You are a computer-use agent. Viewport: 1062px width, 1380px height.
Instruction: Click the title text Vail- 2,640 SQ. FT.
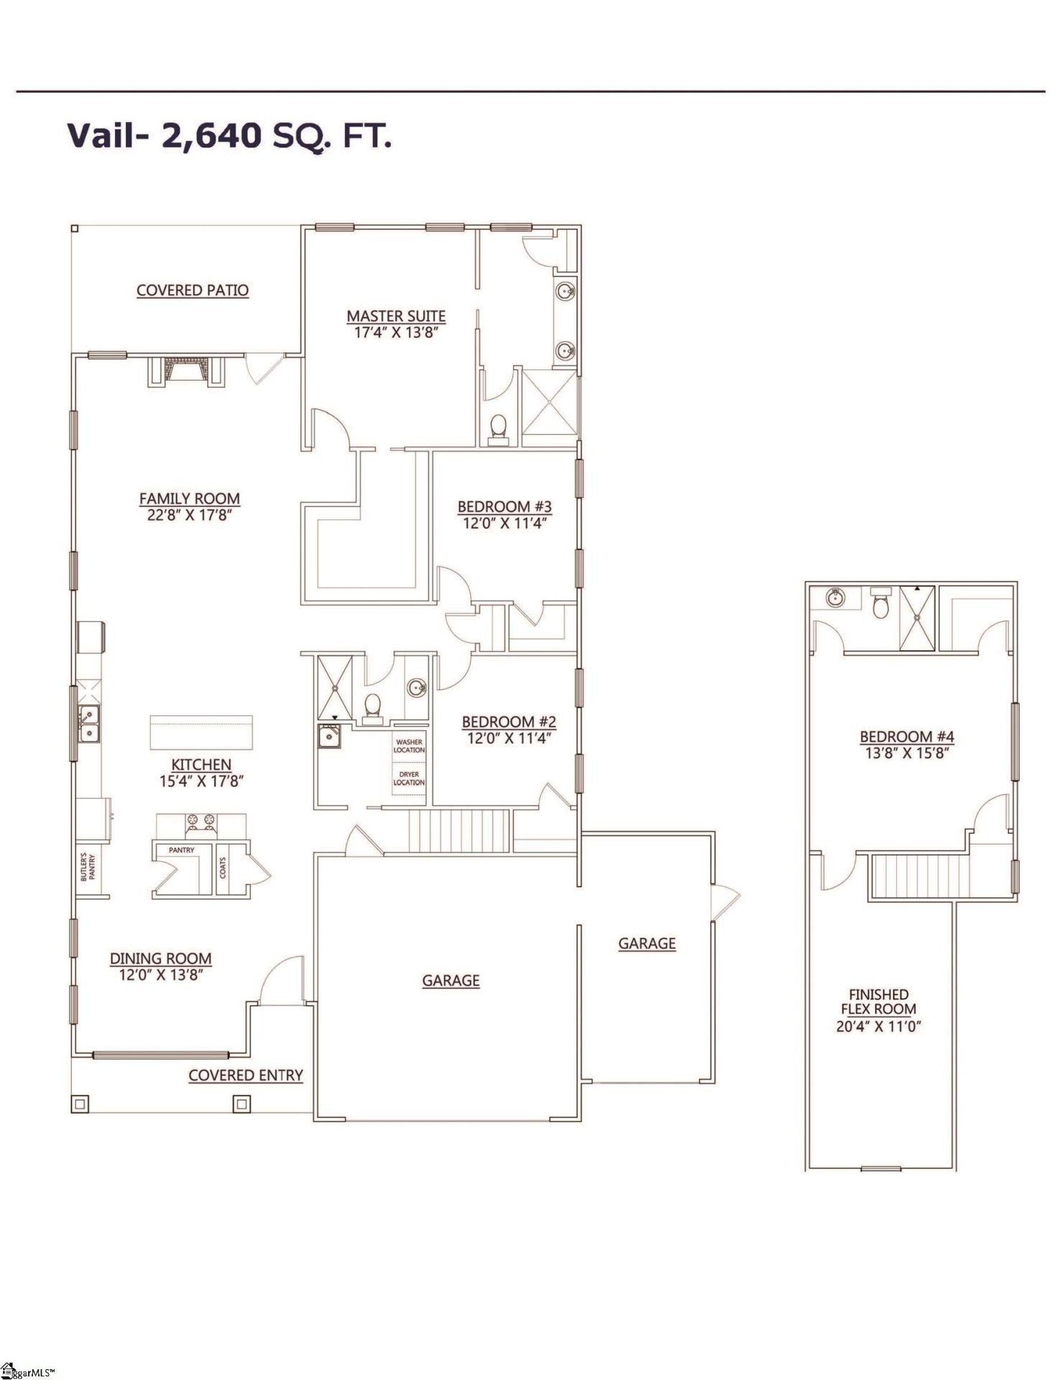229,135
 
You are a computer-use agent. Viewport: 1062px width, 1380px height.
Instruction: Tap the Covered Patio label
193,290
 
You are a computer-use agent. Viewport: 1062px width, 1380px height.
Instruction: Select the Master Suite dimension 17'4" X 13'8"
396,333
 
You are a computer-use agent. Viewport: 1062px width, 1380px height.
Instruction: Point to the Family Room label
189,498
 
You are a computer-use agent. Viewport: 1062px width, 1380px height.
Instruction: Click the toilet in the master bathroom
497,428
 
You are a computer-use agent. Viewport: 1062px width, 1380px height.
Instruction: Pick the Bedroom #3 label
504,507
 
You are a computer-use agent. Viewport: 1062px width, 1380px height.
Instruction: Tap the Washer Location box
409,745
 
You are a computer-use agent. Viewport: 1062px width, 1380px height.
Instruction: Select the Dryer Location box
409,778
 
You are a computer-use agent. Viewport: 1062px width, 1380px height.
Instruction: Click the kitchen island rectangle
201,732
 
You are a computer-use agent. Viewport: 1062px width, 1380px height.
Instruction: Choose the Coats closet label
223,868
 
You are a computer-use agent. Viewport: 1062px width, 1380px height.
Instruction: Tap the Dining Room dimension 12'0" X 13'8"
160,975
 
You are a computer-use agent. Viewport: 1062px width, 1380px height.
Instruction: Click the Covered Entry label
246,1075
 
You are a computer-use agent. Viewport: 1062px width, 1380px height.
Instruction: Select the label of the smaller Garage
647,943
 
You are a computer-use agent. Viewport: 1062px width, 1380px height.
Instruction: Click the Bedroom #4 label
907,736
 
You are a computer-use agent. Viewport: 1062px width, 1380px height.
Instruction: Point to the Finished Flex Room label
878,1001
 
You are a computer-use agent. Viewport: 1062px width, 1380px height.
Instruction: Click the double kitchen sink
89,724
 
